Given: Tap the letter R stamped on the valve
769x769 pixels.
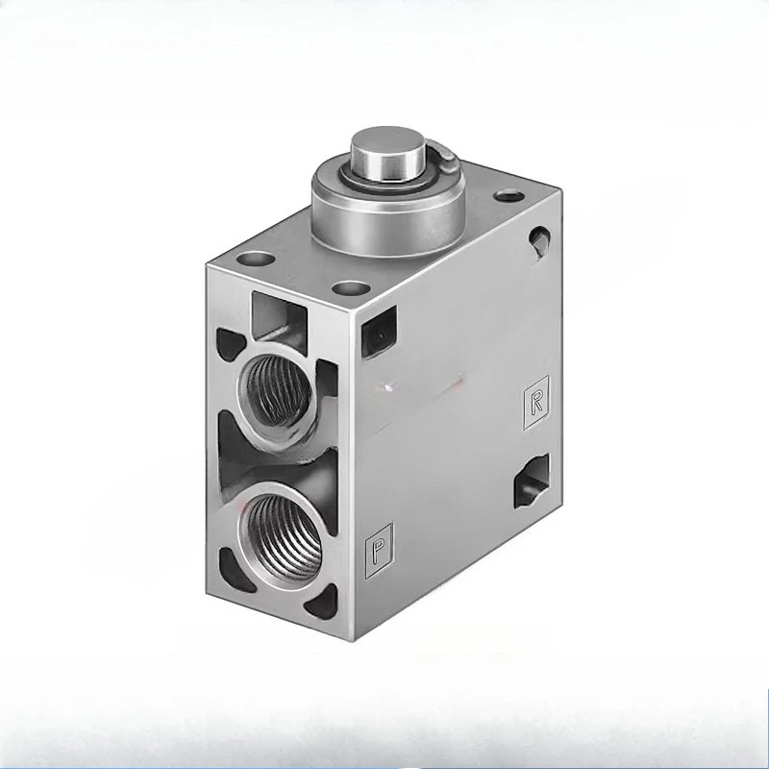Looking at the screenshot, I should pos(535,402).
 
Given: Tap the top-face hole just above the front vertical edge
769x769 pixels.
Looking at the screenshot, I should pos(350,286).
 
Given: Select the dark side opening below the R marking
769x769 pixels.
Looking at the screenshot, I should pos(529,480).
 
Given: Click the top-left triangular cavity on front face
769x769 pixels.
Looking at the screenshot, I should pos(229,339).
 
